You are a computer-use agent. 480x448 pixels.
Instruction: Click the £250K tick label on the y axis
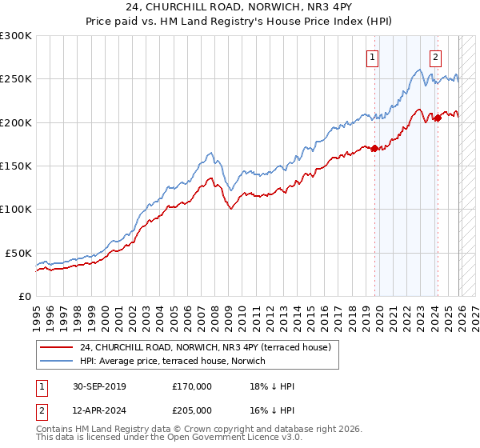16,79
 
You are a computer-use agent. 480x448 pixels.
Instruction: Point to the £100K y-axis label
16,209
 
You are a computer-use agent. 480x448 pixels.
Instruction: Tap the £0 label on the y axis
26,296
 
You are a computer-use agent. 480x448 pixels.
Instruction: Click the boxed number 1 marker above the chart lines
374,56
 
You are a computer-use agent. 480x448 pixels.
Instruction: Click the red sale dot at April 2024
438,118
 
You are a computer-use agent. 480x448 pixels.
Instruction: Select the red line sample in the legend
58,347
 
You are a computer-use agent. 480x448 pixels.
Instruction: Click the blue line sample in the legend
58,361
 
